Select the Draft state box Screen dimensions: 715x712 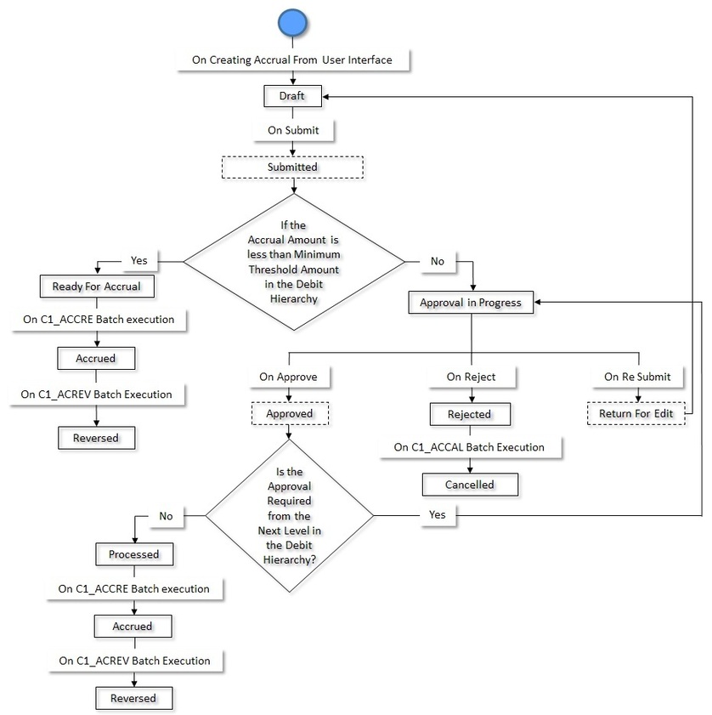292,97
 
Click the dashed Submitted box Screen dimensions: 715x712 292,167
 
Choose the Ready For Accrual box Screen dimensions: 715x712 102,287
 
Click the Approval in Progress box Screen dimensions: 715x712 471,303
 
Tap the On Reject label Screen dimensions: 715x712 471,377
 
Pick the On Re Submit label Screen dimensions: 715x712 637,377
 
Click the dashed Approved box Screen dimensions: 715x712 291,414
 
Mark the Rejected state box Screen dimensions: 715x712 470,414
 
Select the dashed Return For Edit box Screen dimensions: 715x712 636,413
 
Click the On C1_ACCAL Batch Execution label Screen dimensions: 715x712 469,447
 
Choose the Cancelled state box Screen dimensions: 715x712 470,485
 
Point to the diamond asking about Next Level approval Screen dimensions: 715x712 290,515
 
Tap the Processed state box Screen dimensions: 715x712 133,553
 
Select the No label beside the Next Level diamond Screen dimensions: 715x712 166,515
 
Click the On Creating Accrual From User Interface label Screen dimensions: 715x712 292,60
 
